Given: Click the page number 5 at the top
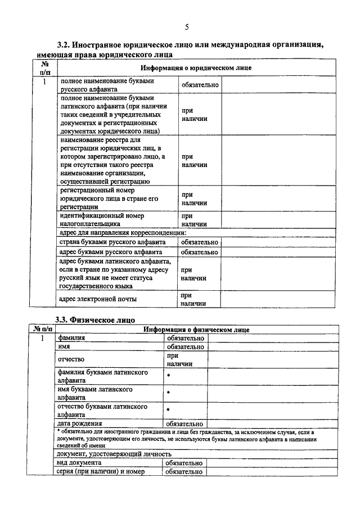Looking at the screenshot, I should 186,26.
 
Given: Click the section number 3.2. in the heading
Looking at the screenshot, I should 69,44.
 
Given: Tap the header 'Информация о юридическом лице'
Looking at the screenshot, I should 196,67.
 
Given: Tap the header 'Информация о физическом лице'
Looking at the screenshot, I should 196,329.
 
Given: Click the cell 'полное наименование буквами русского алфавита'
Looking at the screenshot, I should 118,85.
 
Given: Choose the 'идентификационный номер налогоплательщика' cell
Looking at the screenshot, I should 118,219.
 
